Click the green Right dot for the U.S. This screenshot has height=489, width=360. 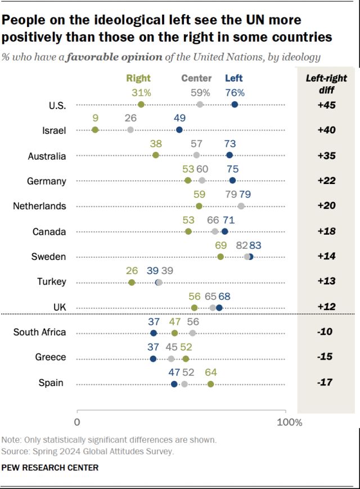click(x=141, y=105)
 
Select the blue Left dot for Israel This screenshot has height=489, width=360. click(x=179, y=130)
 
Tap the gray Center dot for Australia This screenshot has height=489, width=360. click(x=196, y=155)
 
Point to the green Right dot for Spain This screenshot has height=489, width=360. click(x=210, y=384)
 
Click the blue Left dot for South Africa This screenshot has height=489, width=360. click(x=154, y=333)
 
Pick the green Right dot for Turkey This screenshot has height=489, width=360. click(x=132, y=282)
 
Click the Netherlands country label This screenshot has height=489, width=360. click(x=39, y=206)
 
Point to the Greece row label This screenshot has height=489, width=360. click(x=51, y=357)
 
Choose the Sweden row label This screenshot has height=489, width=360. click(x=49, y=257)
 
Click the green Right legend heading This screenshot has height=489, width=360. click(x=138, y=79)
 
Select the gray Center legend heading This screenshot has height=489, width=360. click(x=196, y=79)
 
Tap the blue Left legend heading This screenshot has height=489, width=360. click(x=234, y=79)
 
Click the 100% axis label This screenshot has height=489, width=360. click(x=291, y=422)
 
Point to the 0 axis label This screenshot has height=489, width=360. click(x=77, y=422)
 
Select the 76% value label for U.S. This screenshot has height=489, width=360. click(x=235, y=92)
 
